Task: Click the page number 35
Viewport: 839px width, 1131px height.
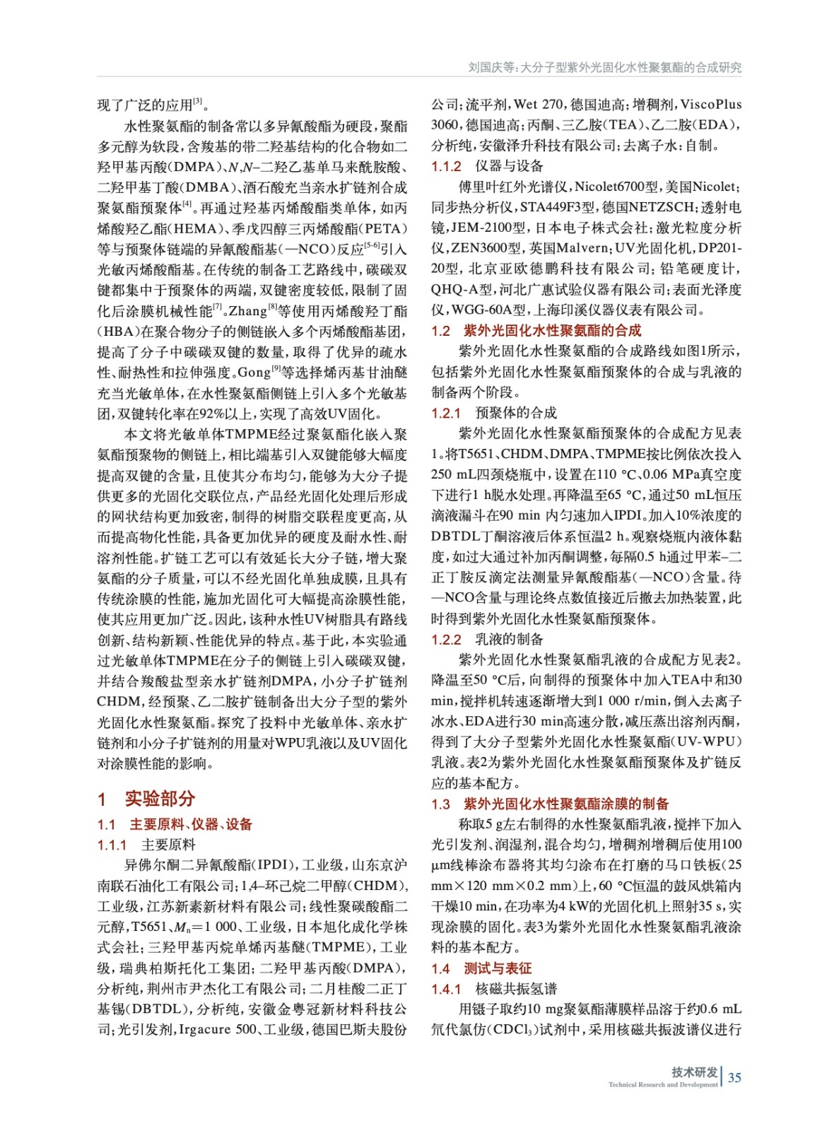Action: click(734, 1077)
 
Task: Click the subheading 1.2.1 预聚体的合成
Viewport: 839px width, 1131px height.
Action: click(494, 413)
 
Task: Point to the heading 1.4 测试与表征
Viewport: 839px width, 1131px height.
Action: click(481, 968)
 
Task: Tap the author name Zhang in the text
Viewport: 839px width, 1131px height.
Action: click(247, 311)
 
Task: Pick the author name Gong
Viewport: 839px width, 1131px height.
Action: click(254, 373)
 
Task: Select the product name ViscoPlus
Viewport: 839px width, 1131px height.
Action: click(710, 105)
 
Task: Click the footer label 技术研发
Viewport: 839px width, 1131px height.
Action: click(694, 1072)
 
